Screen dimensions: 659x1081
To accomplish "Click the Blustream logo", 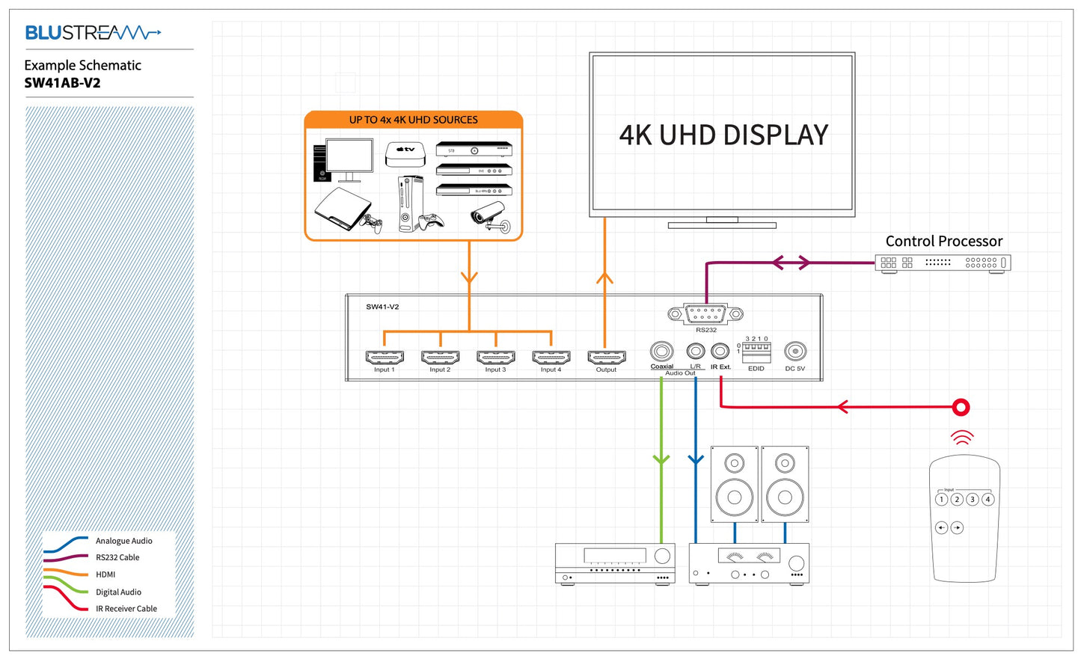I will click(93, 32).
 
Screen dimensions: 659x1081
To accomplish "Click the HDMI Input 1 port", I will click(385, 357).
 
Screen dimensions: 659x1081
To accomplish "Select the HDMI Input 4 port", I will click(551, 357).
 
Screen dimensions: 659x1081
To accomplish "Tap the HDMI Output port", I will click(607, 357).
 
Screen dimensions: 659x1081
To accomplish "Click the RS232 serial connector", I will click(705, 314).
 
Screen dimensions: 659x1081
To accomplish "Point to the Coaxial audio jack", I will click(661, 351).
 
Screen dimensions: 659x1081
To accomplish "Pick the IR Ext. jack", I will click(720, 351).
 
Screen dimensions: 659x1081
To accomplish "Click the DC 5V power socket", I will click(794, 351).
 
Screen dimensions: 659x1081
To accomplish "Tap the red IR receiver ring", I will click(961, 407).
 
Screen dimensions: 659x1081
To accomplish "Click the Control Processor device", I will click(943, 263).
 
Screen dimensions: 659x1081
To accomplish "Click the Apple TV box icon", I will click(405, 153).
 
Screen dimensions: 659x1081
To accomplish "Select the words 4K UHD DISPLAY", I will click(723, 135).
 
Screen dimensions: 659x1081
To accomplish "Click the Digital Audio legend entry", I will click(118, 592).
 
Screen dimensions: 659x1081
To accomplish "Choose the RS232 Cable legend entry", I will click(117, 557).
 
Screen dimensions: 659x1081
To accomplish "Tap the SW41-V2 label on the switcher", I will click(382, 307).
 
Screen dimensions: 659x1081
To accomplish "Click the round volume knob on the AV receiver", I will click(662, 556).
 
